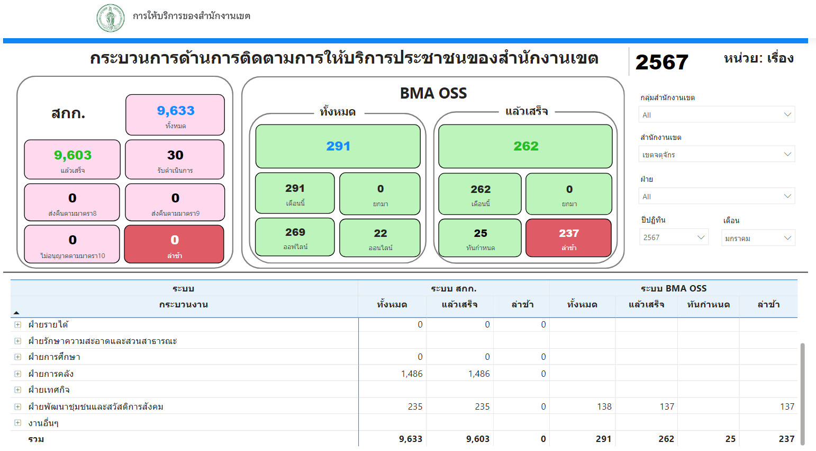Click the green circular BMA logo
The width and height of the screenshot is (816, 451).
click(111, 18)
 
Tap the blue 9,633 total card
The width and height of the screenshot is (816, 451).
click(175, 115)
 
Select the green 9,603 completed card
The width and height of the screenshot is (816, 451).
click(72, 160)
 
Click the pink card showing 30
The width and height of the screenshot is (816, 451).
click(175, 160)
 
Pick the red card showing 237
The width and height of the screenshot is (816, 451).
click(569, 238)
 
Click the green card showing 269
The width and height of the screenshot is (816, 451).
click(295, 237)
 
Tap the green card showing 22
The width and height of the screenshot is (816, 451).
click(380, 238)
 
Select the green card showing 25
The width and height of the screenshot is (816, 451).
click(480, 238)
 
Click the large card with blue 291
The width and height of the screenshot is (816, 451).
click(338, 146)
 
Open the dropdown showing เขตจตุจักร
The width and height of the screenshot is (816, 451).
click(717, 154)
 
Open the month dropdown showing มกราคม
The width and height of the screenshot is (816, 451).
click(758, 238)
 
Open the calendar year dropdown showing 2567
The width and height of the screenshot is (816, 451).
click(674, 237)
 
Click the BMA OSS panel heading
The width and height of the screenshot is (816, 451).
click(433, 93)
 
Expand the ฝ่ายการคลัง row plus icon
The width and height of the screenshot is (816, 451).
click(17, 374)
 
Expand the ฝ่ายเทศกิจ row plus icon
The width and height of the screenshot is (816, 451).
click(17, 390)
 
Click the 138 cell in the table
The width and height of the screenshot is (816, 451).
click(604, 406)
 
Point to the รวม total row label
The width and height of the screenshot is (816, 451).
click(36, 439)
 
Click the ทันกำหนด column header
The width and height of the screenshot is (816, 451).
click(709, 304)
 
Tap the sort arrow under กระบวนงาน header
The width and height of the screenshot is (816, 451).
click(16, 313)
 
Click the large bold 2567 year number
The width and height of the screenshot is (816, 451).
click(661, 62)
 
